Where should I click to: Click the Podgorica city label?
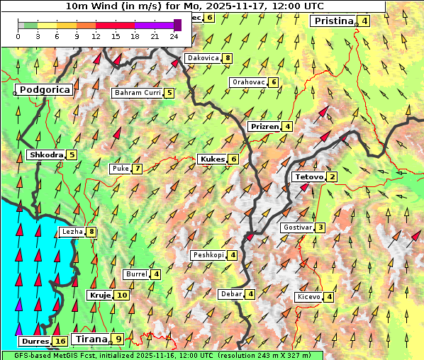pos(45,90)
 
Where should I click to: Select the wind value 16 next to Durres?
pos(60,342)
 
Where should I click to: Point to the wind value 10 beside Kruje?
pos(122,296)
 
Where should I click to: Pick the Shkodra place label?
pos(45,155)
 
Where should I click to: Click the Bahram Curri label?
pos(138,93)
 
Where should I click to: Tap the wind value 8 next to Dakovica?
pos(227,58)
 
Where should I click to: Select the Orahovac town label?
pos(248,82)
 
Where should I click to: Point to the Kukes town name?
pos(212,159)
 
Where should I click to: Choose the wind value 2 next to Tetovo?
pos(332,177)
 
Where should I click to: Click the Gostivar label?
pos(296,227)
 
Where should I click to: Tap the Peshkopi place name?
pos(208,255)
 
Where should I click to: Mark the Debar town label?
pos(230,294)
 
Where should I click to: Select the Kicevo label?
pos(309,297)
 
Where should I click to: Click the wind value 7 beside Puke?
pos(137,169)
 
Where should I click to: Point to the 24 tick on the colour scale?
pos(174,35)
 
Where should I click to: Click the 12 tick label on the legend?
pos(96,35)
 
